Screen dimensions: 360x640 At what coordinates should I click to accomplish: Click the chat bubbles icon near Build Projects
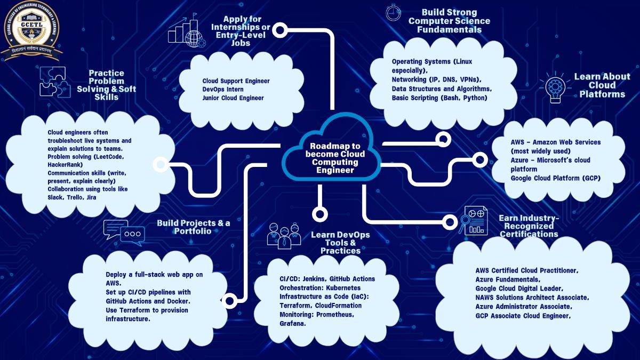pyautogui.click(x=124, y=233)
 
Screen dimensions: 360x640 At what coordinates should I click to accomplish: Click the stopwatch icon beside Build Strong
pyautogui.click(x=393, y=12)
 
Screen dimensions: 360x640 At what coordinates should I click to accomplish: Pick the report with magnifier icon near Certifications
pyautogui.click(x=474, y=220)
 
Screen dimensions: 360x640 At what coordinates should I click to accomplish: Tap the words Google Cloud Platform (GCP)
pyautogui.click(x=555, y=178)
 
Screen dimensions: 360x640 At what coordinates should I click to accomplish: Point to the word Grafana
pyautogui.click(x=292, y=324)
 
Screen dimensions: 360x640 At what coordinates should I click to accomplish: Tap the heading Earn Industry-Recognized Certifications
pyautogui.click(x=529, y=226)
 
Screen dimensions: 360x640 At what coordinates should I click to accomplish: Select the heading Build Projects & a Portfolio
pyautogui.click(x=193, y=227)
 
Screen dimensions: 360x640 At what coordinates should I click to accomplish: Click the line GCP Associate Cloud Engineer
pyautogui.click(x=523, y=316)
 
